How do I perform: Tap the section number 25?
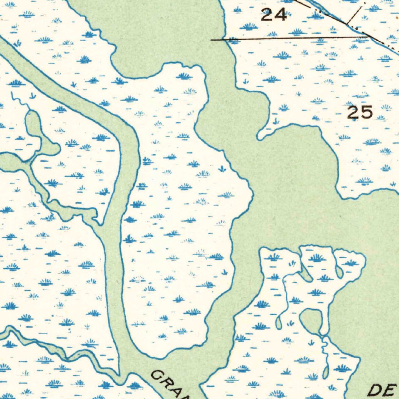coord(360,113)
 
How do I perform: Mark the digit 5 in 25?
coord(367,113)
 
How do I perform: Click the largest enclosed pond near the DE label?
coord(312,320)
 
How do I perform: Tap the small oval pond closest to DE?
coord(325,372)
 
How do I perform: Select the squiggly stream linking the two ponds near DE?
coord(323,351)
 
